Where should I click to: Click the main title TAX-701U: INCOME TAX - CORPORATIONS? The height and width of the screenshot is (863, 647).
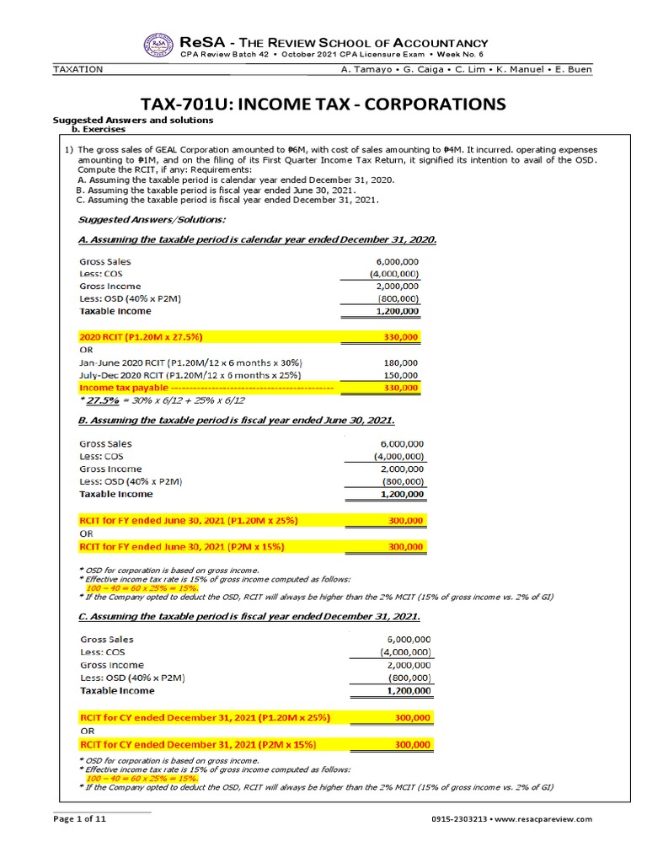pos(323,104)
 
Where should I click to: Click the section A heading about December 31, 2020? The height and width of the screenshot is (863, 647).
pos(257,239)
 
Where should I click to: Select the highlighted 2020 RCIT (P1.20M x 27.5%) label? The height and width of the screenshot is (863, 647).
pos(152,337)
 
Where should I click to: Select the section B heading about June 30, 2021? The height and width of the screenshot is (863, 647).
pos(236,421)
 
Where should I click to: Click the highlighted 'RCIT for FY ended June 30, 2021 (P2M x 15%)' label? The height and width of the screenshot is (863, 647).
pos(181,547)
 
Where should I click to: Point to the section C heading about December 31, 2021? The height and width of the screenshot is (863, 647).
pos(249,619)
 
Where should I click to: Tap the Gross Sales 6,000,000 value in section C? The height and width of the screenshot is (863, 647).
pos(408,640)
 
